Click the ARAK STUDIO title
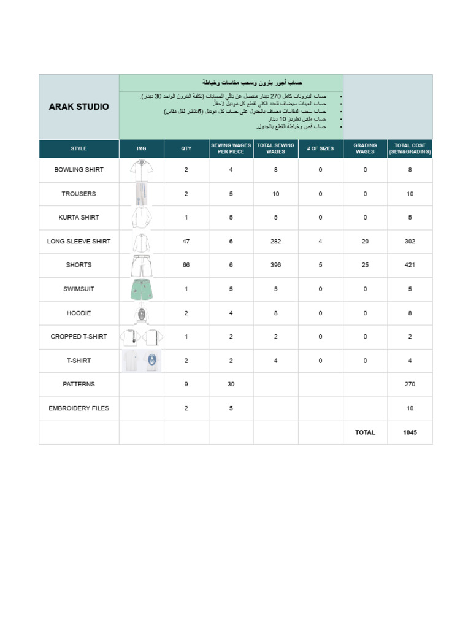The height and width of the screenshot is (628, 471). click(78, 107)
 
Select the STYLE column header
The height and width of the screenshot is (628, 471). click(78, 148)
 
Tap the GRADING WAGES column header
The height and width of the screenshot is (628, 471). click(365, 148)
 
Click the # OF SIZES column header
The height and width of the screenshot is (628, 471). click(320, 148)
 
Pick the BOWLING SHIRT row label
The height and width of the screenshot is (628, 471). click(78, 170)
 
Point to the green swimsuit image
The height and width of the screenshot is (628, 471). click(141, 289)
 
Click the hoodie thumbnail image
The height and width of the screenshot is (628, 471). click(141, 313)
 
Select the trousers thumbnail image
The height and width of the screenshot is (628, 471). click(141, 194)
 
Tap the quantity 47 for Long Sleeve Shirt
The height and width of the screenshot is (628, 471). click(186, 242)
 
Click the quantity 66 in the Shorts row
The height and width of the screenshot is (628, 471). click(186, 265)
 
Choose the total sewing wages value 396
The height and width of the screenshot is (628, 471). click(275, 265)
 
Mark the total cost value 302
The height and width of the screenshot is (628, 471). click(410, 242)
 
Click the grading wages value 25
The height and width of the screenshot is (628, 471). click(365, 265)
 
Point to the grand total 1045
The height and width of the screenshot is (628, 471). click(410, 432)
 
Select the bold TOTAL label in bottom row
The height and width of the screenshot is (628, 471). click(365, 432)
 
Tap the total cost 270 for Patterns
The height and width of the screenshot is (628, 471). click(410, 385)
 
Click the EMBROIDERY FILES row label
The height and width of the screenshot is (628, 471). click(78, 408)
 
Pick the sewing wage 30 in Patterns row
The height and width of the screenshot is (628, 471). click(231, 385)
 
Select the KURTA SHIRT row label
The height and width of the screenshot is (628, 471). click(78, 218)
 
